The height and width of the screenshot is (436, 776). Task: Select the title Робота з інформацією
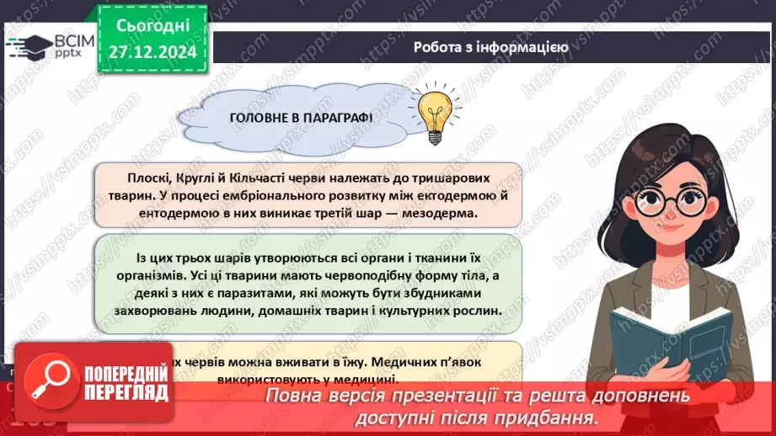[491, 47]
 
